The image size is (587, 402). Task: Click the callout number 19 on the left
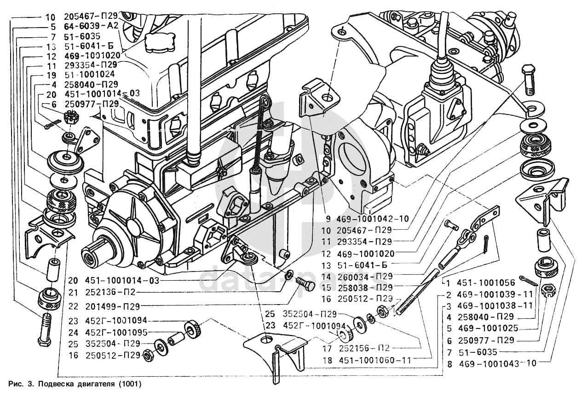(x=51, y=74)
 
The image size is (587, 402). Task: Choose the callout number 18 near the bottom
(x=327, y=361)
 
